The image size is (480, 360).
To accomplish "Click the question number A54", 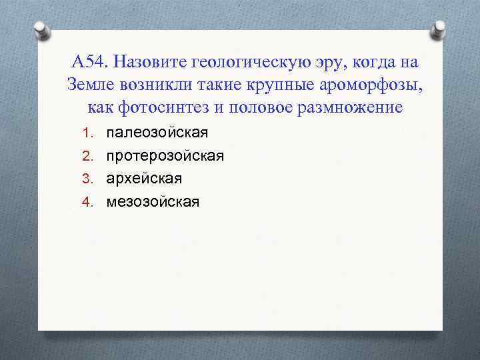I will coord(89,63).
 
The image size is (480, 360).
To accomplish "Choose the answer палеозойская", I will coord(157,132).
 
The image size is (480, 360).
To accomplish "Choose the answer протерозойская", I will coord(165,155).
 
